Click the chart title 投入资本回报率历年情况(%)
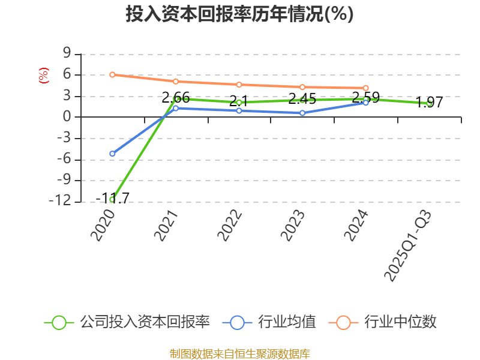[x=239, y=14]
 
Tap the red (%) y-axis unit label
[x=43, y=76]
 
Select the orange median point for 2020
[x=112, y=74]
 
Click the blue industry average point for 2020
[x=112, y=154]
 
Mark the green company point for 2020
[x=112, y=199]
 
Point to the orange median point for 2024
[x=366, y=88]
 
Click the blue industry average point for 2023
[x=302, y=113]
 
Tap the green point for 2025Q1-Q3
[x=430, y=103]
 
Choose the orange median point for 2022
[x=239, y=85]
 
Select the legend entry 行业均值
[x=269, y=322]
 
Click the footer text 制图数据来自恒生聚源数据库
[x=239, y=353]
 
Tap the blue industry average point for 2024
[x=366, y=103]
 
